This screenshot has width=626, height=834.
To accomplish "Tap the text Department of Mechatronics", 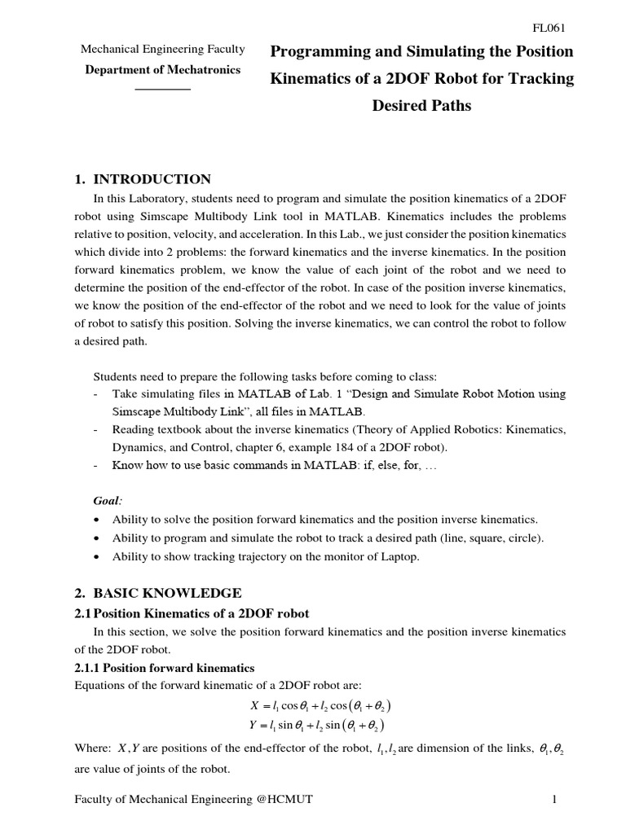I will click(x=163, y=70).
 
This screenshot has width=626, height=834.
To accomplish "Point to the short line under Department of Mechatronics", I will click(x=162, y=87).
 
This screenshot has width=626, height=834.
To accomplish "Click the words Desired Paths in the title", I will click(x=421, y=105).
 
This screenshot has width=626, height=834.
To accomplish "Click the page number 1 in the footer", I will click(x=553, y=801).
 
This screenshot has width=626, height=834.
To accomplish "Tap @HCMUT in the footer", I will click(x=284, y=801).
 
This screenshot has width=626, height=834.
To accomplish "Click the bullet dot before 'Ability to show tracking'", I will click(x=98, y=557).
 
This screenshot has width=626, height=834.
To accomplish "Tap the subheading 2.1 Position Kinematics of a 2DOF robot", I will click(x=192, y=612).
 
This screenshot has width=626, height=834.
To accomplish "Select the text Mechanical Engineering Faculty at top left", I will click(x=163, y=50).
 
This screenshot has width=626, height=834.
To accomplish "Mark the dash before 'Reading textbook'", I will click(x=97, y=428).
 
